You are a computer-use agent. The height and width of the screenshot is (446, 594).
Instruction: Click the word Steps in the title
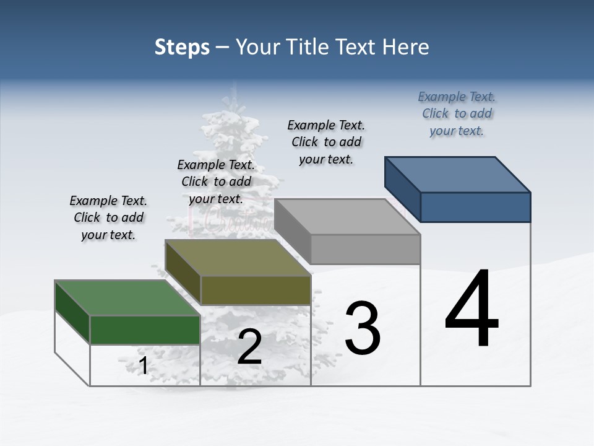[182, 47]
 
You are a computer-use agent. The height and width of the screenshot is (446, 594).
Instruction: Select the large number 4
[472, 309]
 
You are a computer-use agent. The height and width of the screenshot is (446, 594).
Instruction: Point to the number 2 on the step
[250, 348]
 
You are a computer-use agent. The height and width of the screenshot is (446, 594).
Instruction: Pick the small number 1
[143, 366]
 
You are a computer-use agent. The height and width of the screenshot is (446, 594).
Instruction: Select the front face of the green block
[145, 330]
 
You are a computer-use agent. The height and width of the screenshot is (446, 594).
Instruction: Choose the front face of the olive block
[256, 290]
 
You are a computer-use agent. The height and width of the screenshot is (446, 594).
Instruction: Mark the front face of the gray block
[366, 249]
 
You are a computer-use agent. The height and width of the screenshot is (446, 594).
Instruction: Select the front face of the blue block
[475, 207]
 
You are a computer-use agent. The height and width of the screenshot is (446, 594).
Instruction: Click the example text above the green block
[108, 217]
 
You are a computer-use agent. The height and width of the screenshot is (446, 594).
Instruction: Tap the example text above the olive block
[216, 181]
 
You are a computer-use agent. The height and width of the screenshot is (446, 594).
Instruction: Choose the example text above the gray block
[326, 142]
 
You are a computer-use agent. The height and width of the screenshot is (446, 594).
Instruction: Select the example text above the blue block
[457, 113]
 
